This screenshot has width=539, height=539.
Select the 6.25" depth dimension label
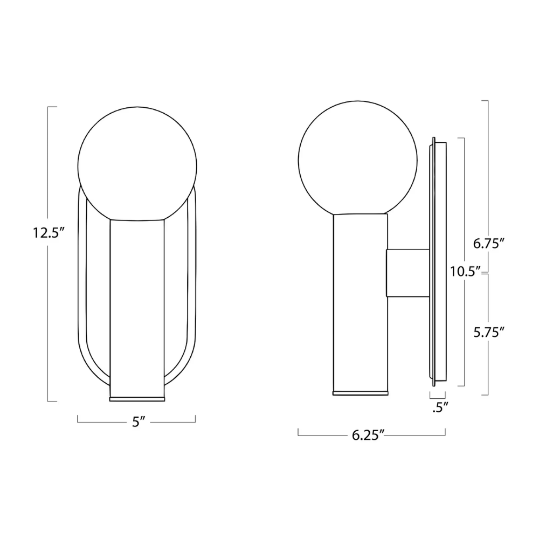point(368,435)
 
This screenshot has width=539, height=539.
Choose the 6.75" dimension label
point(488,244)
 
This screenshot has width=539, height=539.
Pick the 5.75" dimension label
point(488,333)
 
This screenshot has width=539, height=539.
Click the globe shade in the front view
point(137,162)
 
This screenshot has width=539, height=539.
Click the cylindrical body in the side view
point(360,302)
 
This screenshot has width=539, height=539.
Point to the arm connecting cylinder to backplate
point(407,273)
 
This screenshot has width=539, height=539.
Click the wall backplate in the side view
point(437,259)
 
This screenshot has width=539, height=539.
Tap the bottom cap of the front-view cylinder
point(137,399)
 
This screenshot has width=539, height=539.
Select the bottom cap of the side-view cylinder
point(360,392)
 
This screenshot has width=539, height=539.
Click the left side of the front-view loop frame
point(82,291)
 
